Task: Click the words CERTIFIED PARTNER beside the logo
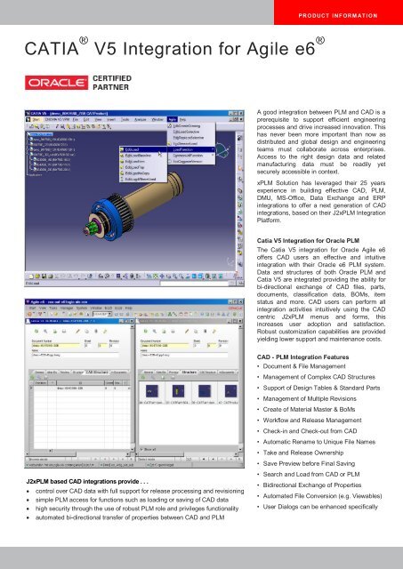pyautogui.click(x=114, y=85)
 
